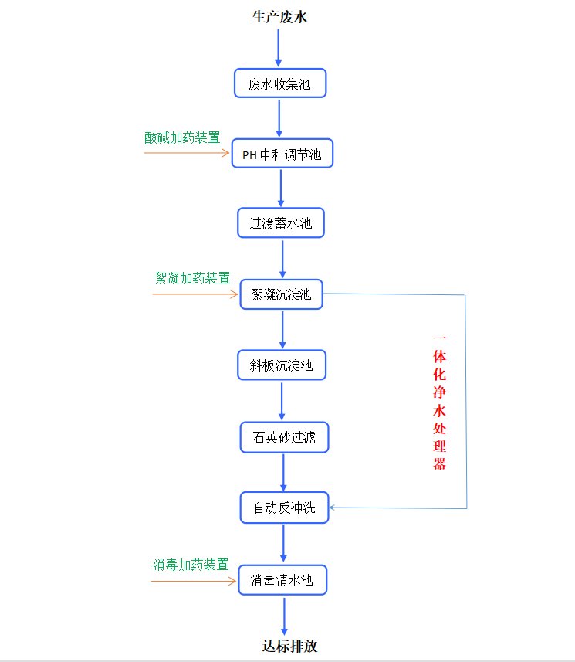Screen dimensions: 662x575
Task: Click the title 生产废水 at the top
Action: [279, 16]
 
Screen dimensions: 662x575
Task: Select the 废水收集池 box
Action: [280, 83]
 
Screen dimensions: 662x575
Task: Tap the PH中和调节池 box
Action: [282, 154]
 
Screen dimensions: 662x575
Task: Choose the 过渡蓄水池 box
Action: [281, 223]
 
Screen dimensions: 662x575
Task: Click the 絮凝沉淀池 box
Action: [282, 294]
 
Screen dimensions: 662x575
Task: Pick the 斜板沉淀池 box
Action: [282, 365]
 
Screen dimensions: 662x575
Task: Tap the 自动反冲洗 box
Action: [285, 508]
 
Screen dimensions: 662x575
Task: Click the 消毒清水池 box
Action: [282, 579]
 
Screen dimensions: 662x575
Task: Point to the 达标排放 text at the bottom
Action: [289, 647]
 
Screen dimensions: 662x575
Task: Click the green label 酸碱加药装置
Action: [182, 137]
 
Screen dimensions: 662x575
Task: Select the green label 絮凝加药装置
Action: [192, 278]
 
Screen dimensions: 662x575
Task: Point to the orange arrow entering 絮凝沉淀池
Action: [197, 294]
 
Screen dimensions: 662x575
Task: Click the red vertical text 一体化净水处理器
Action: [439, 402]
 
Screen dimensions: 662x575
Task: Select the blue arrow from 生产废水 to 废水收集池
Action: [279, 47]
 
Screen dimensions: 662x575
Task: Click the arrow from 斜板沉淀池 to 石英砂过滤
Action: [282, 400]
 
